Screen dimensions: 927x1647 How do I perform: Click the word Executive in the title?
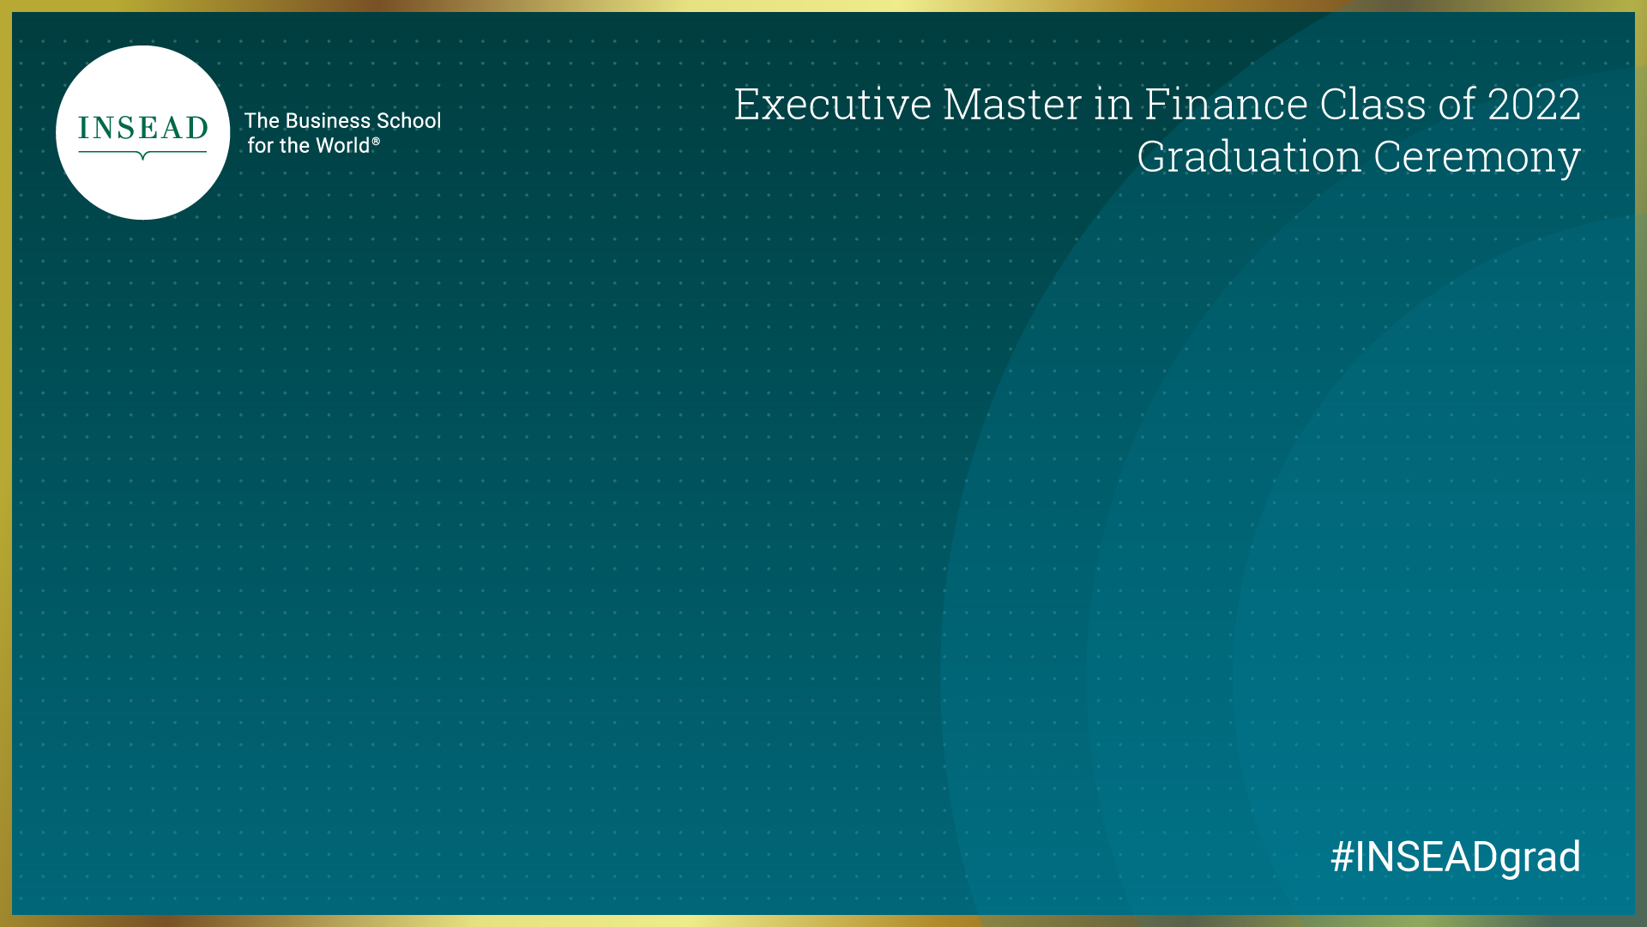(x=832, y=105)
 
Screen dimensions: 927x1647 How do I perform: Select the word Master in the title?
(x=1012, y=105)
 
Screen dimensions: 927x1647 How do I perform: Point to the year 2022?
(x=1534, y=105)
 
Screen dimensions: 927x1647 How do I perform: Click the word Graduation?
(x=1248, y=158)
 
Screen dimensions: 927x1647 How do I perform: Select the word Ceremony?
(x=1476, y=158)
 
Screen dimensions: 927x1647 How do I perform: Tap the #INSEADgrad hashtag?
(x=1456, y=857)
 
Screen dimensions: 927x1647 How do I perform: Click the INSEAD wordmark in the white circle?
(x=143, y=128)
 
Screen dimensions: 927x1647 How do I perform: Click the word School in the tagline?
(x=409, y=121)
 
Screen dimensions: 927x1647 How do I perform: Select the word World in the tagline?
(x=342, y=146)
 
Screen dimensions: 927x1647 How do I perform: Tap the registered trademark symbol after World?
(x=376, y=141)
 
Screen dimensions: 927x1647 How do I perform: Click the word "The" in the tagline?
(x=262, y=121)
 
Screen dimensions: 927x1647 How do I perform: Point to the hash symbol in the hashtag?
(x=1342, y=857)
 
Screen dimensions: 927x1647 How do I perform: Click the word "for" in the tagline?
(x=261, y=146)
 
